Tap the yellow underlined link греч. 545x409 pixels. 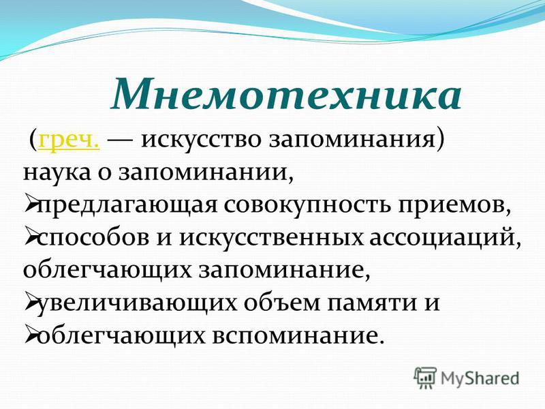tap(69, 141)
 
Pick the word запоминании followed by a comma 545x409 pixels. tap(203, 172)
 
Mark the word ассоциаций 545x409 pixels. tap(441, 239)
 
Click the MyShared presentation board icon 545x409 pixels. tap(425, 378)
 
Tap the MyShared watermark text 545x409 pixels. tap(480, 378)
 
